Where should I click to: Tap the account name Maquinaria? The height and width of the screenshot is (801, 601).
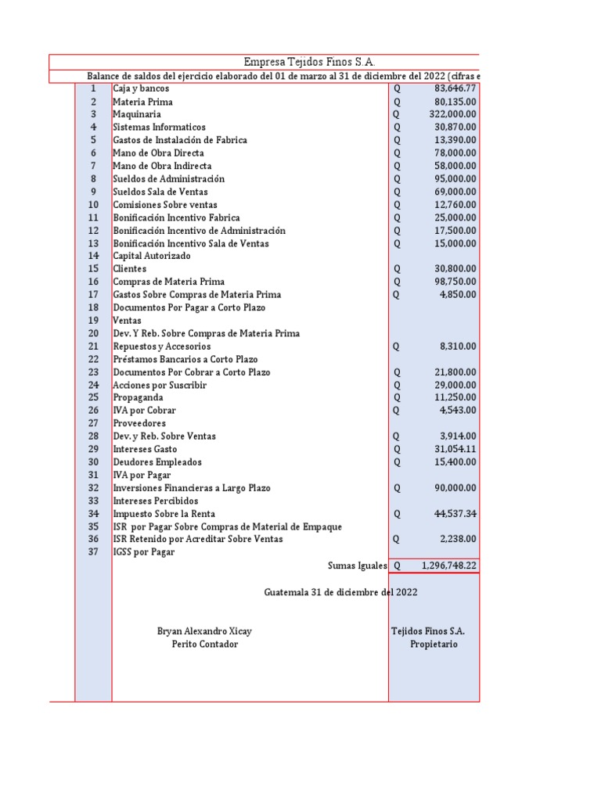coord(137,114)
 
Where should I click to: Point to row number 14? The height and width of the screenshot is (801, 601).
coord(93,256)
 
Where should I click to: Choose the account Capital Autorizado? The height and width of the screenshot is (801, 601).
coord(151,256)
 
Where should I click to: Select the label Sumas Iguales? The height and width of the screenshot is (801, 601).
coord(357,565)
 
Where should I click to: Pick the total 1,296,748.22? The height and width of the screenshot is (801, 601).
coord(448,565)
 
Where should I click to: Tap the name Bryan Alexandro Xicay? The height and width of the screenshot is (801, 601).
coord(204,630)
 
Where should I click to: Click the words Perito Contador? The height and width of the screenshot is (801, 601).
coord(204,644)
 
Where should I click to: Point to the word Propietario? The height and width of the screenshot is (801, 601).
coord(434,644)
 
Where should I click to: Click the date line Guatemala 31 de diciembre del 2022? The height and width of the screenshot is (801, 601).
coord(340,592)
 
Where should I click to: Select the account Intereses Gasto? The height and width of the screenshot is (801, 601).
coord(145,449)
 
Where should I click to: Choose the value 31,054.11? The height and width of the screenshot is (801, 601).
coord(455,449)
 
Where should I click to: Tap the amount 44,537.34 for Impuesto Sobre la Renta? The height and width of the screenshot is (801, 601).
coord(455,514)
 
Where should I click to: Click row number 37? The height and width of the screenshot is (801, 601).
coord(93,552)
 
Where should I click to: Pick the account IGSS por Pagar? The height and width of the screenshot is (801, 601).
coord(144,552)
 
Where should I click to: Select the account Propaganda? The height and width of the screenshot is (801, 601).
coord(139,397)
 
